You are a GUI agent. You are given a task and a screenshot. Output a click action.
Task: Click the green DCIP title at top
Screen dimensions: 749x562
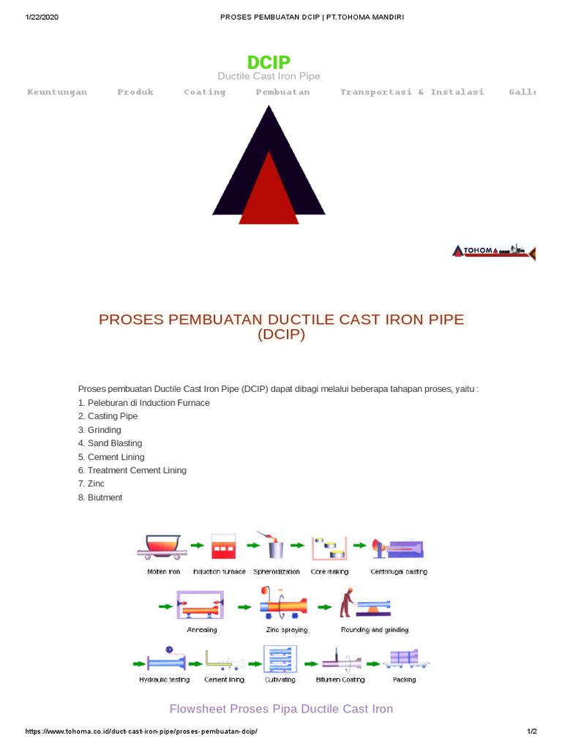coord(269,62)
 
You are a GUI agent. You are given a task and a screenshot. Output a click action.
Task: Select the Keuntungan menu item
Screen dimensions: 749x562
coord(57,92)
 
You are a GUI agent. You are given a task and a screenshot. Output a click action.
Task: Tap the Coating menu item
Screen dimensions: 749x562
coord(205,92)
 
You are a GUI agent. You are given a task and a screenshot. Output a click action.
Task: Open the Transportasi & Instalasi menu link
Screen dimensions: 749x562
coord(412,92)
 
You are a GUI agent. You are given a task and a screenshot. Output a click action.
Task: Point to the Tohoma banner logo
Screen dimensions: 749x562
coord(494,252)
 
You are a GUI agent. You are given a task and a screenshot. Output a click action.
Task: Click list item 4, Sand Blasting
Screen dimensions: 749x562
coord(110,443)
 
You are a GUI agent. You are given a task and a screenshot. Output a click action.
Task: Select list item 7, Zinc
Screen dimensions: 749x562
coord(91,483)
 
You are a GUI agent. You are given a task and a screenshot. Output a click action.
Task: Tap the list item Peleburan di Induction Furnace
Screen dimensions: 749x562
coord(143,403)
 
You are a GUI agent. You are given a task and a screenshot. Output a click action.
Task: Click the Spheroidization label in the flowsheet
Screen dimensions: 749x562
coord(277,571)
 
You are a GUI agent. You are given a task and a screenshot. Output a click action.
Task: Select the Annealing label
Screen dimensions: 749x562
coord(202,629)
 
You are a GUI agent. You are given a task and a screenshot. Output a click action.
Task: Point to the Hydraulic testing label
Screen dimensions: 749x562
coord(164,680)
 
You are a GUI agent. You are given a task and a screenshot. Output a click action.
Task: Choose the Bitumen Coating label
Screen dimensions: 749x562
coord(340,680)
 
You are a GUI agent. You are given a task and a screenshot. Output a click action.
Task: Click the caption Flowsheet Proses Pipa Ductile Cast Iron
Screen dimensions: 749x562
coord(281,709)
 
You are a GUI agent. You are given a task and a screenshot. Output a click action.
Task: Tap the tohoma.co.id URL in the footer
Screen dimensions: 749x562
coord(141,731)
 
